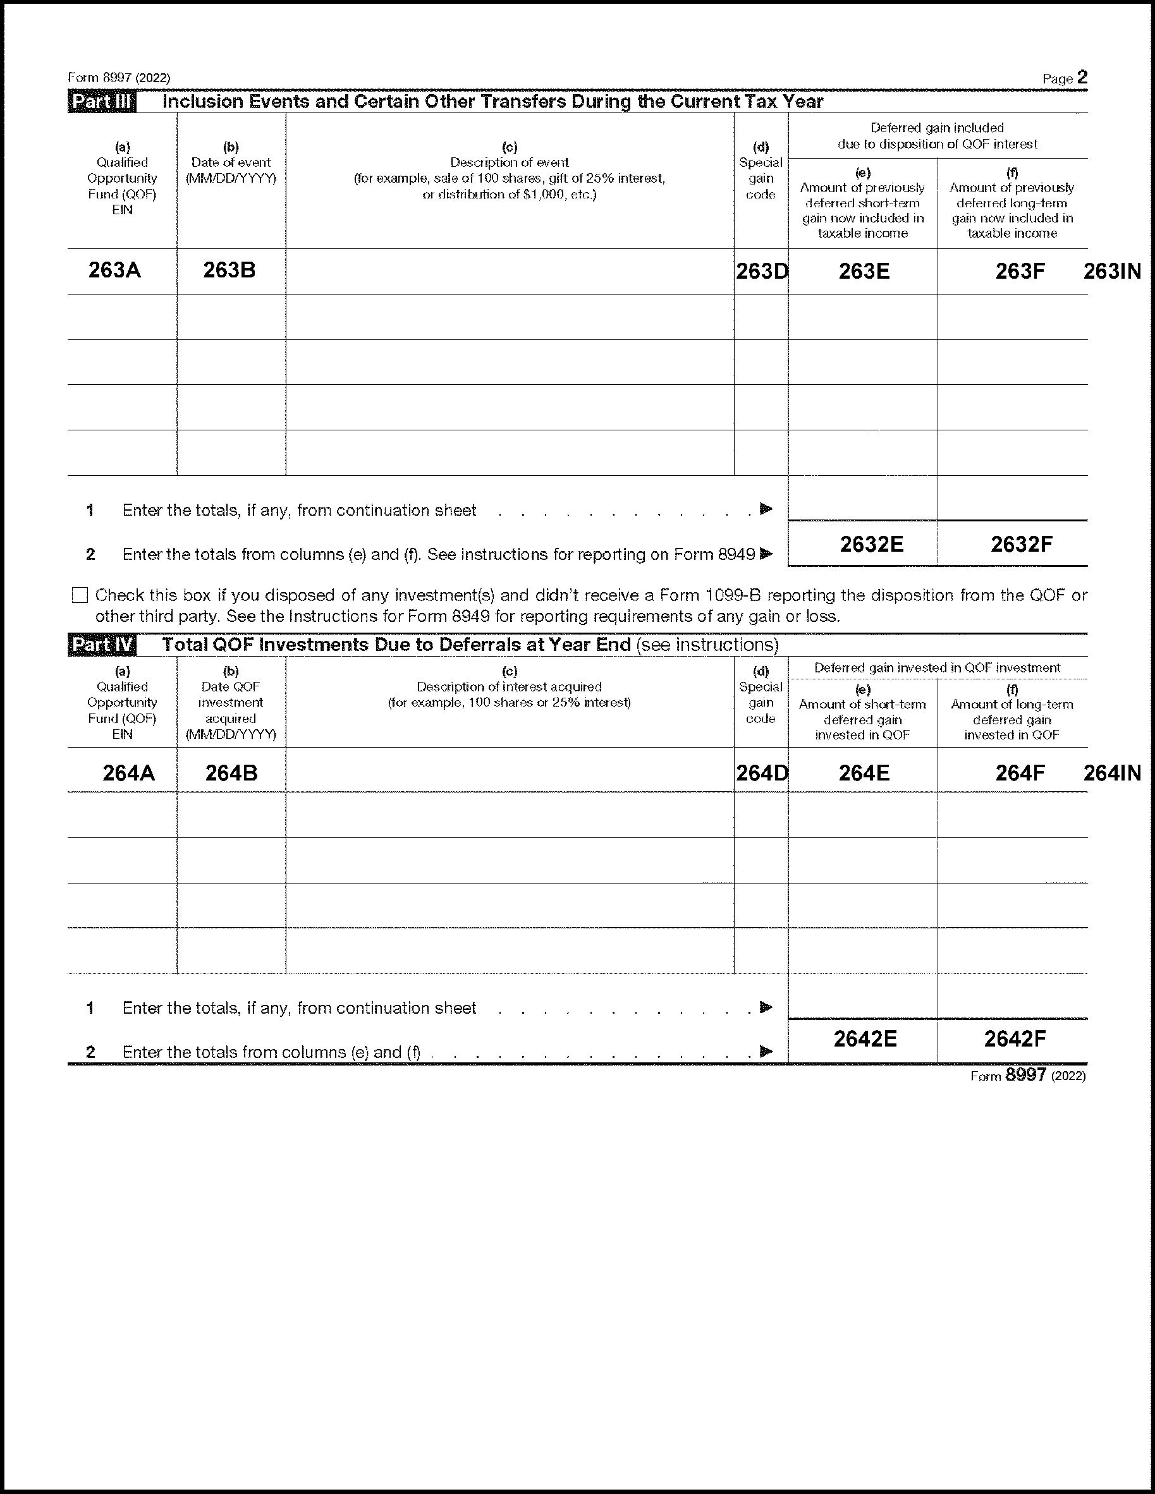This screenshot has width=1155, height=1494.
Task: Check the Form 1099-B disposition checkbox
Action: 80,595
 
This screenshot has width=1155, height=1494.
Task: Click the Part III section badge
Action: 102,102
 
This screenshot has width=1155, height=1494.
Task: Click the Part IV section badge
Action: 102,645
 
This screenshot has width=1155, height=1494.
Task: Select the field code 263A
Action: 114,270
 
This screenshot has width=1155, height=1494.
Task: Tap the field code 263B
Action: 229,270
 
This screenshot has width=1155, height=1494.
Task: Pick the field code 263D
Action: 762,272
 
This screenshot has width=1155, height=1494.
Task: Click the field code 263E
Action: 864,272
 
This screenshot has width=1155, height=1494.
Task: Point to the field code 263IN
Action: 1112,272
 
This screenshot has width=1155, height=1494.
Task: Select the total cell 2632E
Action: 871,545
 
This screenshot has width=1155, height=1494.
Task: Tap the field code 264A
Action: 128,773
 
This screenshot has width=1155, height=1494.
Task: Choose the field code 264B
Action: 231,773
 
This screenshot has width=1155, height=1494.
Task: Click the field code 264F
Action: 1020,773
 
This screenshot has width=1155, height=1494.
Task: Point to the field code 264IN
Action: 1112,773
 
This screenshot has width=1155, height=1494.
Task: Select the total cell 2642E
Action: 865,1039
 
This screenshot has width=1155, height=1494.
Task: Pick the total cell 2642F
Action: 1015,1039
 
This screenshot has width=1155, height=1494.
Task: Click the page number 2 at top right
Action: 1082,77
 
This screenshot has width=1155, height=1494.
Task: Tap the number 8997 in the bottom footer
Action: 1025,1074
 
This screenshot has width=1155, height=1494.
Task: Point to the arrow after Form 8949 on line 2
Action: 766,554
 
